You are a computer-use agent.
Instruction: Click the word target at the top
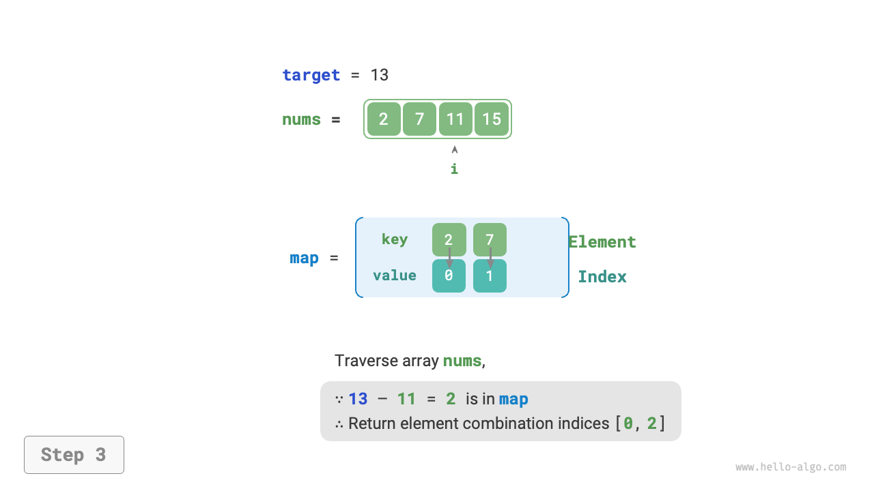311,75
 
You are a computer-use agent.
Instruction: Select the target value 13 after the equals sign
380,75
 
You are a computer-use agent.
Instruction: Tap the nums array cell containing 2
384,119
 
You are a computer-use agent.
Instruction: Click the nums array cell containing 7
419,119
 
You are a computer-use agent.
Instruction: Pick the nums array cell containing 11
455,119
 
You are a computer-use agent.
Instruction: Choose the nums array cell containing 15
492,119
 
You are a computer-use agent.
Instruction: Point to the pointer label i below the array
454,168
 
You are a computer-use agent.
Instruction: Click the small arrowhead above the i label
455,149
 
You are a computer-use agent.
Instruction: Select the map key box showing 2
449,239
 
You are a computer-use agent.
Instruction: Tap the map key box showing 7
490,239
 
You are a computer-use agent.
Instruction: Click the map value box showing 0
449,276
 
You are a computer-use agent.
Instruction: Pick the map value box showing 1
490,276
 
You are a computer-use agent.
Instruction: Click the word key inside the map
395,239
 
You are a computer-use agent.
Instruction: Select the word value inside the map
395,276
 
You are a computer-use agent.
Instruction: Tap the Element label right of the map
602,242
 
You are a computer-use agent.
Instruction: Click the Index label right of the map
602,276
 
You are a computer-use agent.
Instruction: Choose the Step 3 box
74,455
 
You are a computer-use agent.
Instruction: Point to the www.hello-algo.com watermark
791,467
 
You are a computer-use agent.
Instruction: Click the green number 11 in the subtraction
406,399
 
